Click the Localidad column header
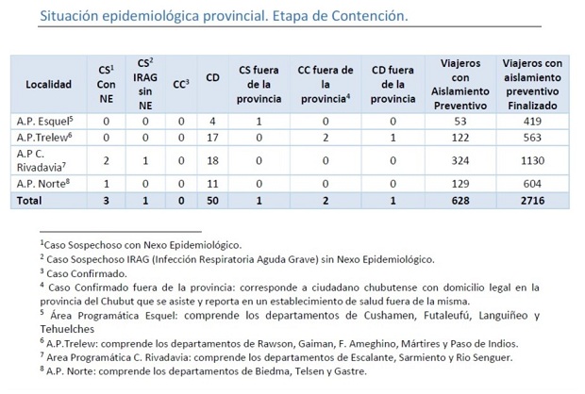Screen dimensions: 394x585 coord(48,84)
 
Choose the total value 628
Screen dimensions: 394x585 coord(462,200)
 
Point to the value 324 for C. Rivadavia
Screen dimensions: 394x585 coord(462,160)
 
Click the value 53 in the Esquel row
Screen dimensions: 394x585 coord(462,121)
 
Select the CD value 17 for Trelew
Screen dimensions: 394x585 coord(212,138)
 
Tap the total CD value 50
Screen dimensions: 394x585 coord(212,200)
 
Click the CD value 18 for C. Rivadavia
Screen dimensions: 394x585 coord(212,160)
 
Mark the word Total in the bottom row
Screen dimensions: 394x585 coord(32,200)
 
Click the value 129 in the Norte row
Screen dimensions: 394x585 coord(462,182)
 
